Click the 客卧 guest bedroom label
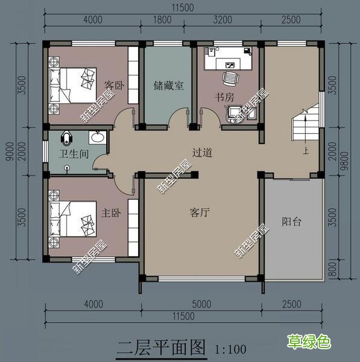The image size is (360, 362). [114, 86]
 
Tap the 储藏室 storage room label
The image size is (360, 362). [168, 86]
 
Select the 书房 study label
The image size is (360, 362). [224, 97]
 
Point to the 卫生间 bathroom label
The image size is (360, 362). [74, 154]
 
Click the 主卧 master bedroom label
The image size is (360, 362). [111, 213]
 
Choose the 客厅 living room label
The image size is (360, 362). [200, 212]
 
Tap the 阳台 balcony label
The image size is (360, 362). [291, 221]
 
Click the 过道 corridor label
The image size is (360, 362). [203, 153]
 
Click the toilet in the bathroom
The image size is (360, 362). [66, 138]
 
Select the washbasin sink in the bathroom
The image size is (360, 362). [98, 138]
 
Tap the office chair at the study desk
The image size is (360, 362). [230, 78]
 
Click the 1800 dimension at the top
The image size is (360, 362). [162, 20]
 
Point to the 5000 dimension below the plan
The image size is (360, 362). [201, 304]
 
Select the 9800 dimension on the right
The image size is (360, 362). [346, 160]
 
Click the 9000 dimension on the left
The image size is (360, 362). [10, 151]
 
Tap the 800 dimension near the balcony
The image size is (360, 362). [333, 270]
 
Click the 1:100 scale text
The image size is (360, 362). [230, 349]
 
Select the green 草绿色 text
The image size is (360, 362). [309, 341]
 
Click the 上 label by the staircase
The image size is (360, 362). [306, 151]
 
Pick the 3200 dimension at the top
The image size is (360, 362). [223, 20]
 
